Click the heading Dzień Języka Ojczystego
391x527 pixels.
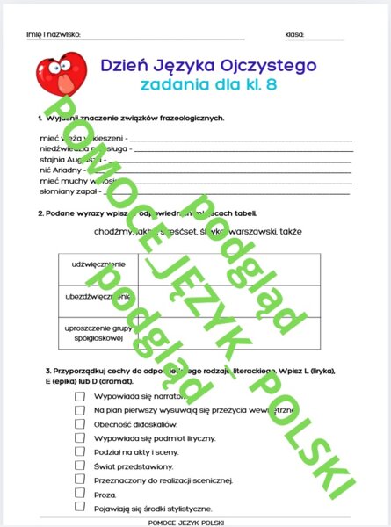coord(208,64)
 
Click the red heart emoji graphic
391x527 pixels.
coord(62,75)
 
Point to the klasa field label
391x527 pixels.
coord(295,34)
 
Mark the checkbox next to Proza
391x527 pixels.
coord(80,495)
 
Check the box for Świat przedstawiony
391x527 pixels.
coord(80,466)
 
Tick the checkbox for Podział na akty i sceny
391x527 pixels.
coord(80,451)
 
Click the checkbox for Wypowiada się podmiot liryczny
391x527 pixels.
coord(80,437)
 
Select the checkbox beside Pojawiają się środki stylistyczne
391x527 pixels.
coord(80,509)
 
